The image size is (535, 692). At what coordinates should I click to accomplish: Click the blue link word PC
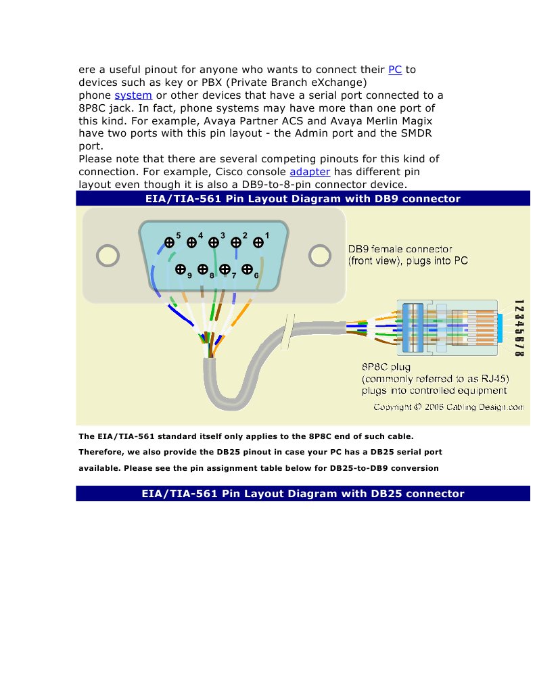coord(395,70)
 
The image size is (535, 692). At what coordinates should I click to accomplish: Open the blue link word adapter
coord(309,172)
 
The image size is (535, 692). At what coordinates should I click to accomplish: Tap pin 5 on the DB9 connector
coord(169,241)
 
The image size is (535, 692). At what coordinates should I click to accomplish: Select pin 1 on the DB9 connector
coord(258,241)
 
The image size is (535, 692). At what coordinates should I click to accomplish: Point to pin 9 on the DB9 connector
coord(181,269)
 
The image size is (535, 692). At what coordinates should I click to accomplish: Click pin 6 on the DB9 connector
coord(247,269)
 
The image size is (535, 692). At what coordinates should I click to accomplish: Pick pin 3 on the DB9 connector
coord(214,241)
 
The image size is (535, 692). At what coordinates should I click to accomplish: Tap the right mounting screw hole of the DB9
coord(319,255)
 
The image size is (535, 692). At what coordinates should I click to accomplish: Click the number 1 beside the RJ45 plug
coord(519,302)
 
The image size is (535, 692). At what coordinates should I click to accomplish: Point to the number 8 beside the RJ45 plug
coord(519,352)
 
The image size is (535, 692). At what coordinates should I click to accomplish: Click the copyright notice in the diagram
coord(448,407)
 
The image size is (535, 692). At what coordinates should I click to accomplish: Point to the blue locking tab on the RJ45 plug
coord(503,328)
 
